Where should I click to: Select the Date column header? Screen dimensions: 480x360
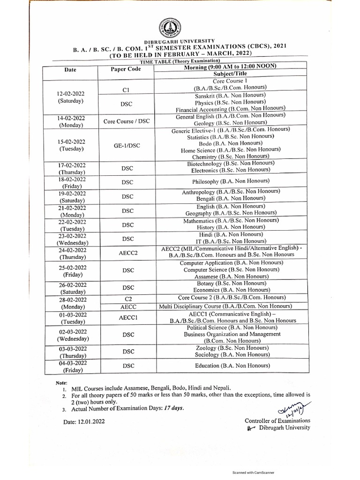70,70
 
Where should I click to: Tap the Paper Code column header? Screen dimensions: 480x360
126,69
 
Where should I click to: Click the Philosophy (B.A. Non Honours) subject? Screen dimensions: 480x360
231,181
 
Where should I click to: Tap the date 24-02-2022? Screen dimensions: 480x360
72,250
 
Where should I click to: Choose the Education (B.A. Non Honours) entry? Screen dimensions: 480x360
232,366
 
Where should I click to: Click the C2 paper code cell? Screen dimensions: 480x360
128,299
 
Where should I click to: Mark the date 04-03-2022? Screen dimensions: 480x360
73,363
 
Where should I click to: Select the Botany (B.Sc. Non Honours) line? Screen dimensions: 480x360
232,284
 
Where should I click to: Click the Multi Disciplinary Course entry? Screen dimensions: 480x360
232,306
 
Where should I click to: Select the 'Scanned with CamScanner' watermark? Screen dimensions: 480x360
254,472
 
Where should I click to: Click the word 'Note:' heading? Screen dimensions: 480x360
61,383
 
